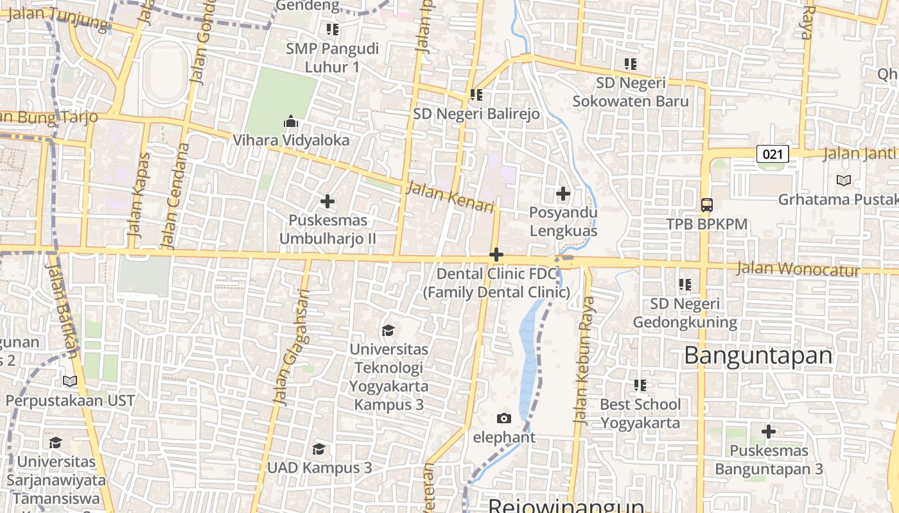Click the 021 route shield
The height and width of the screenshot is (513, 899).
click(x=772, y=154)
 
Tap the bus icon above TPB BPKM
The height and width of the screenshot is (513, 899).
click(x=706, y=205)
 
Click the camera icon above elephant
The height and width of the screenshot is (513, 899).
click(x=504, y=418)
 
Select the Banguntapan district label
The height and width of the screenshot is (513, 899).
click(x=758, y=355)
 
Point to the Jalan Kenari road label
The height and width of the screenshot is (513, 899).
click(x=451, y=198)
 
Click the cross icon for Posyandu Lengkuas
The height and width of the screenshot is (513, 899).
click(x=563, y=193)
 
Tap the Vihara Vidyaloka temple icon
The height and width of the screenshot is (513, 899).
click(x=291, y=121)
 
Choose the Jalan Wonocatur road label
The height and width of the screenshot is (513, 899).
click(x=798, y=269)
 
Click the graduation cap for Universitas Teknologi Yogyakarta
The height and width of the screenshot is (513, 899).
click(x=388, y=330)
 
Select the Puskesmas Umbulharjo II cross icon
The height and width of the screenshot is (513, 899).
click(x=327, y=201)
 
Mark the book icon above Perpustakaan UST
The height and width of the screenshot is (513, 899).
click(x=70, y=381)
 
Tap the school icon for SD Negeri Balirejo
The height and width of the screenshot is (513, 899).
click(x=476, y=95)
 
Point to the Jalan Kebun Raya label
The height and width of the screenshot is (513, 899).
click(x=584, y=360)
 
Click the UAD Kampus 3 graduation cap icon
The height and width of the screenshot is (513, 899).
click(x=319, y=448)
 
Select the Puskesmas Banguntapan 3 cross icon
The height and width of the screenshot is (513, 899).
click(x=768, y=431)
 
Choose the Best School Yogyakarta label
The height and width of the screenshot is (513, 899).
click(x=640, y=414)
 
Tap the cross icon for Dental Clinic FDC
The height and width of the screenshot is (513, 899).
click(x=496, y=255)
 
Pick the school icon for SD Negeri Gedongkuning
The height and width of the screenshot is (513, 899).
click(x=685, y=283)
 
